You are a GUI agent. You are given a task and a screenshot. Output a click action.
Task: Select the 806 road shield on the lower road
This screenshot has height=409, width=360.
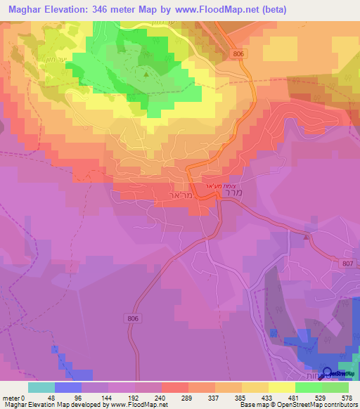click(136, 319)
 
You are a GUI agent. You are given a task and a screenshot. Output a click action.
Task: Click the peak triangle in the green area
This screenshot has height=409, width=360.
click(146, 73)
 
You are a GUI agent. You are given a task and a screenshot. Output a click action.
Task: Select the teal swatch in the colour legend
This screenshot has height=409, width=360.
click(41, 387)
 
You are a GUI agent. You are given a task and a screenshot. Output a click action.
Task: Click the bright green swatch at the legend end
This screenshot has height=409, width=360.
click(335, 387)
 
